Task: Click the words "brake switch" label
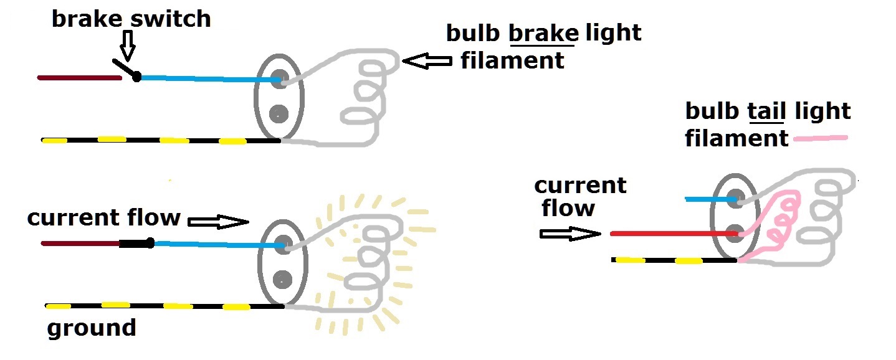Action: pyautogui.click(x=131, y=19)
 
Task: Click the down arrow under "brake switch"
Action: pyautogui.click(x=128, y=45)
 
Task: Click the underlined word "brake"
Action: pyautogui.click(x=541, y=34)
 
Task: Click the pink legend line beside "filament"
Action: pyautogui.click(x=821, y=139)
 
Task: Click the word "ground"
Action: pyautogui.click(x=92, y=328)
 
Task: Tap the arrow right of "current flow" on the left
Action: pyautogui.click(x=217, y=221)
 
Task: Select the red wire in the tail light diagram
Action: pyautogui.click(x=673, y=234)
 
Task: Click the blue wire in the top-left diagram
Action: pyautogui.click(x=206, y=79)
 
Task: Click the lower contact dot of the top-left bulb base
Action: pyautogui.click(x=279, y=113)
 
